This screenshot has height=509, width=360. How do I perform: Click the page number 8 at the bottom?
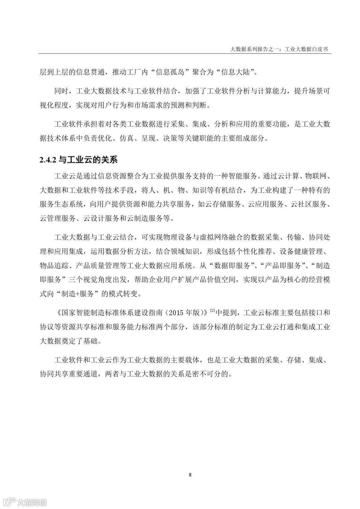coord(190,475)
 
